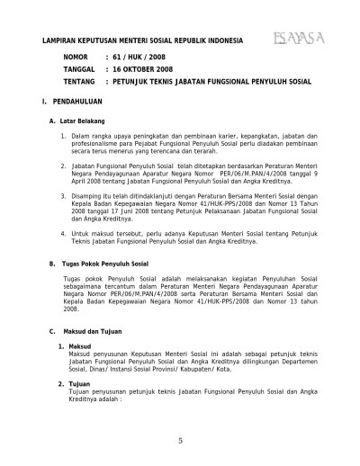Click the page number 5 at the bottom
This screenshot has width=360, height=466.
click(179, 439)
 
